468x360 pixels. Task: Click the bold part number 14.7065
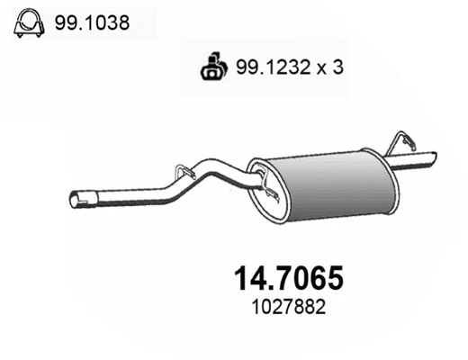coord(283,278)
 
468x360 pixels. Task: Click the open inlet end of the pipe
coord(76,198)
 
